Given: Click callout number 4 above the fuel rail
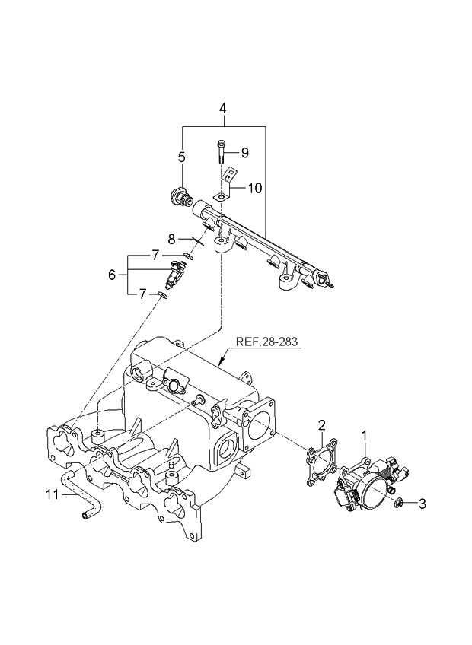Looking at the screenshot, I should (223, 109).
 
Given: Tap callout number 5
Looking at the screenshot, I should (182, 157).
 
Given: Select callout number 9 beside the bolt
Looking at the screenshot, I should (244, 152).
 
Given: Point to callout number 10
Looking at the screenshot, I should (254, 187).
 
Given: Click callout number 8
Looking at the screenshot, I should (172, 237).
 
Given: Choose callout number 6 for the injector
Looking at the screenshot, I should (113, 274).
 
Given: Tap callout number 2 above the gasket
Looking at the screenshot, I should (322, 424).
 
